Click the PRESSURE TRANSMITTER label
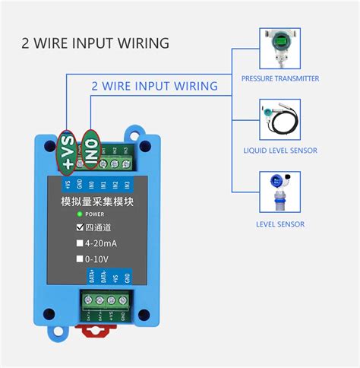point(279,78)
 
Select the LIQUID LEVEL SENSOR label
point(279,151)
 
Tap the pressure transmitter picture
point(279,49)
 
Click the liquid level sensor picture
point(279,122)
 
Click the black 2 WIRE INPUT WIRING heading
point(95,43)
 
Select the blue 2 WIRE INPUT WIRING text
point(154,86)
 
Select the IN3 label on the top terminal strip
point(126,185)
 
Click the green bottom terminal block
point(106,306)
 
